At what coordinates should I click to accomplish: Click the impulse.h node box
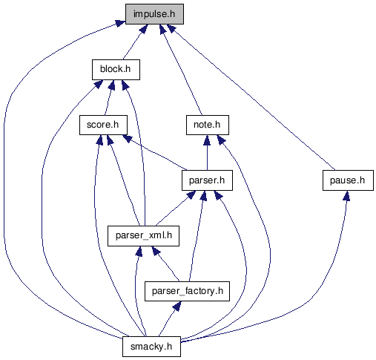154,14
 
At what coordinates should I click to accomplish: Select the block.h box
116,70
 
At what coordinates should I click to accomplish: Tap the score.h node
103,125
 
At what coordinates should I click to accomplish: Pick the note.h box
208,125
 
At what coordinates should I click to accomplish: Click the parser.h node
207,180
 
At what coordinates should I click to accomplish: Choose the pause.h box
348,180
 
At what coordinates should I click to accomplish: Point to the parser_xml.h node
143,236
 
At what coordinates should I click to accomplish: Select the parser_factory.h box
187,291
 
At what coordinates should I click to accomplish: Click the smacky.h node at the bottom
151,347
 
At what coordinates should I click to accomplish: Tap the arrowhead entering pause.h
346,195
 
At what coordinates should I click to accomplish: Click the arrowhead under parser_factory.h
177,306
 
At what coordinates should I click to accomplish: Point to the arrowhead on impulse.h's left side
120,23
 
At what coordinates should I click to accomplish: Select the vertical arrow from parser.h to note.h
207,153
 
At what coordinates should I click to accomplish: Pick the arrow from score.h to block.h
109,97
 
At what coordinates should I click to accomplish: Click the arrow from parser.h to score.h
155,153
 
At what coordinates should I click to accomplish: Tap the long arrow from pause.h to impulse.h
251,97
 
